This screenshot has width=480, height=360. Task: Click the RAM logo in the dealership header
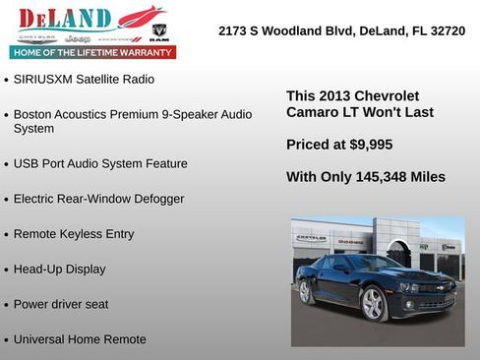pos(160,31)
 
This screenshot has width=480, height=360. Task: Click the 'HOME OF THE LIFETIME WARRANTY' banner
pos(92,51)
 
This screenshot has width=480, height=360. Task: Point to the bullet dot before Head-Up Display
pos(7,270)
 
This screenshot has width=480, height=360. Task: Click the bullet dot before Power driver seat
pos(7,306)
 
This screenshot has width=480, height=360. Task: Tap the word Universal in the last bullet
pos(43,339)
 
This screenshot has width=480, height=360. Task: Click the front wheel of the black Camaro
pos(374,304)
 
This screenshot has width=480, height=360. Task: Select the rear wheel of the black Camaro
pos(306,292)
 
